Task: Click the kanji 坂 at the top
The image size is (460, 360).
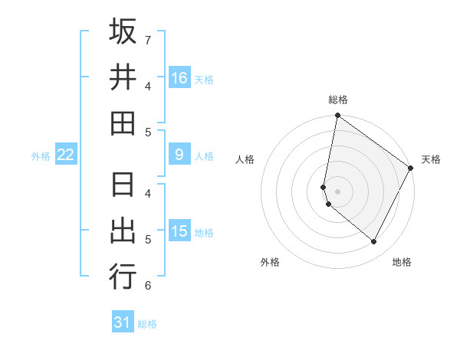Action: (123, 32)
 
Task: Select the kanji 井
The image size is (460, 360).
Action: (123, 77)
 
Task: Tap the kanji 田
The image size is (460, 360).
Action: (123, 123)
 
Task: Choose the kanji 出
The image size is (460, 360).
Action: (123, 231)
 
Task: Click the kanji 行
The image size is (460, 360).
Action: (123, 276)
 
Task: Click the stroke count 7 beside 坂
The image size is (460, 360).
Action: (147, 39)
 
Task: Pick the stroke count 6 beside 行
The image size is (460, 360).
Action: (147, 286)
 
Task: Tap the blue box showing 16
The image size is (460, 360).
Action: (179, 78)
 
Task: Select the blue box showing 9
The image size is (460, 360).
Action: (179, 155)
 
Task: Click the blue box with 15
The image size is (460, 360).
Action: (179, 231)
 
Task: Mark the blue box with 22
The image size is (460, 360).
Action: (66, 155)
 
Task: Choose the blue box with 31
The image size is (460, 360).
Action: (123, 322)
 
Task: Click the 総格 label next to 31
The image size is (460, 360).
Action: (147, 324)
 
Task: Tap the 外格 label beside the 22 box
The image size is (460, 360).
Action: (41, 156)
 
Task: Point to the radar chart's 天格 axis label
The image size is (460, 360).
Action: (431, 159)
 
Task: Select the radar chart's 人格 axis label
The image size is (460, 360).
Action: (245, 159)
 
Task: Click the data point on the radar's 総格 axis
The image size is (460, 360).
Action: (337, 116)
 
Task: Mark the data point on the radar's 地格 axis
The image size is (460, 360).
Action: (374, 241)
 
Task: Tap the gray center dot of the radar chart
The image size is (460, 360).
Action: (337, 191)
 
